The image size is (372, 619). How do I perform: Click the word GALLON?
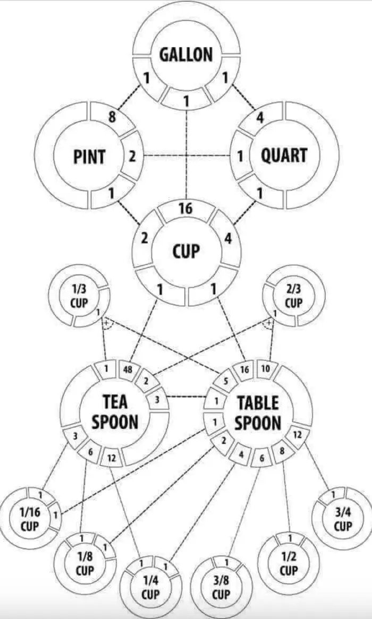(x=186, y=54)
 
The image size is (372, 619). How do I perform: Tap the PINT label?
(x=89, y=157)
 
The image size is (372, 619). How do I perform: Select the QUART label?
(x=284, y=156)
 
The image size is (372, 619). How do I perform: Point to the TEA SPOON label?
(x=115, y=412)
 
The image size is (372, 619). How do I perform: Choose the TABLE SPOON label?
(x=258, y=412)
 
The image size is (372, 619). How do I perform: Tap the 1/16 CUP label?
(x=30, y=519)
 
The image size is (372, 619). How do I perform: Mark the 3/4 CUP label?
(x=343, y=519)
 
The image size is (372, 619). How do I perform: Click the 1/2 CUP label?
(x=289, y=564)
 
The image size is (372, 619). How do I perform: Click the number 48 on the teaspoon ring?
(x=128, y=370)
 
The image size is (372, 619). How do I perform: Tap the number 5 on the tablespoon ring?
(x=225, y=381)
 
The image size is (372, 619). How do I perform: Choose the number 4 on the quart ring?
(x=259, y=118)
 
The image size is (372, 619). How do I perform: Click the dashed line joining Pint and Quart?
(x=186, y=156)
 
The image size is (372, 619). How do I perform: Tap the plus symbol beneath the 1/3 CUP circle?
(x=106, y=323)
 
